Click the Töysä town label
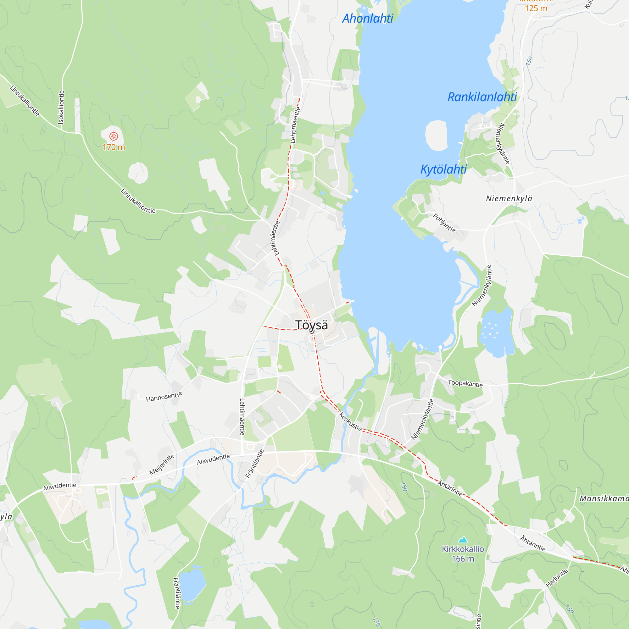click(312, 325)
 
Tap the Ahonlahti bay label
click(368, 19)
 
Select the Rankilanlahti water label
click(482, 97)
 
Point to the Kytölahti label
click(443, 169)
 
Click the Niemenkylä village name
click(509, 198)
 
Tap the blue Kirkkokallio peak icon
click(463, 540)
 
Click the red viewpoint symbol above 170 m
click(113, 136)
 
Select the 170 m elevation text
click(114, 147)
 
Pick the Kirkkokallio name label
click(463, 549)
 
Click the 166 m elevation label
click(463, 559)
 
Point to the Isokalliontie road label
click(61, 108)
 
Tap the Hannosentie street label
click(164, 396)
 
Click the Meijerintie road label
click(161, 464)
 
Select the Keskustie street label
click(350, 422)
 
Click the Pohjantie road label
click(444, 223)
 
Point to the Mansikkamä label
click(604, 498)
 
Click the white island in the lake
click(436, 136)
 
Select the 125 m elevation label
click(536, 8)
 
